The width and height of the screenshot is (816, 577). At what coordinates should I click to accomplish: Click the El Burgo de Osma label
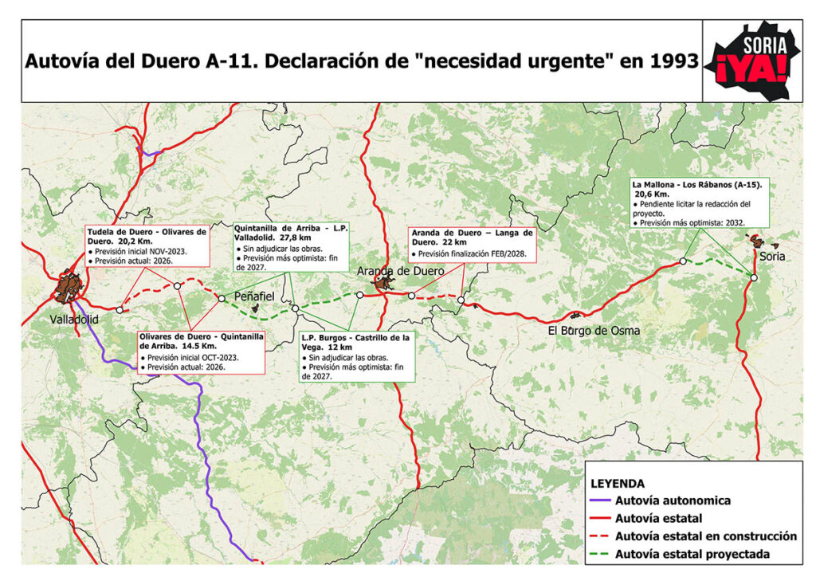(594, 330)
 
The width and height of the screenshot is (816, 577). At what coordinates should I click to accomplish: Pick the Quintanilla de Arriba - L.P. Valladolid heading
(293, 232)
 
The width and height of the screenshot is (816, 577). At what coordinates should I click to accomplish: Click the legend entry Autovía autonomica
(673, 501)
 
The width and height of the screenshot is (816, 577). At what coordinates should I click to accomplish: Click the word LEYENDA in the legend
(618, 483)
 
